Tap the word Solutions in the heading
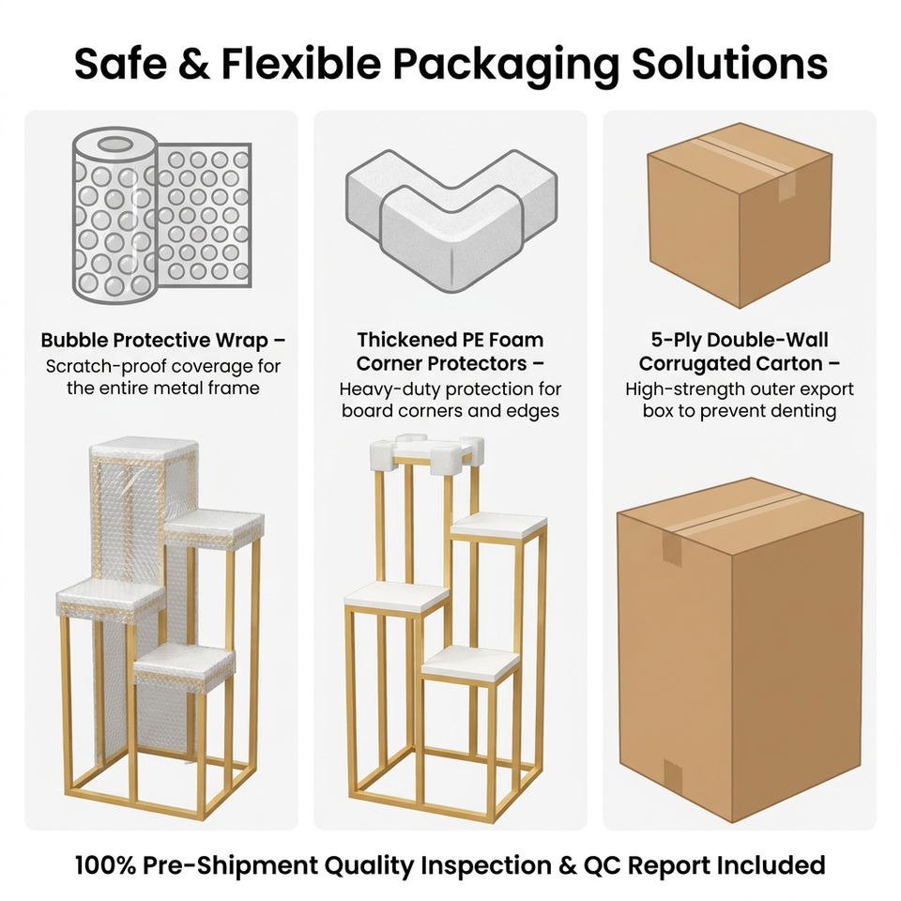point(730,63)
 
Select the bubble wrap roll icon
point(162,217)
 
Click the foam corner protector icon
point(451,219)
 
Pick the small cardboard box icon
point(740,215)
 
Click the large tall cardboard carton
point(740,649)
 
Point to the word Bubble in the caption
point(74,340)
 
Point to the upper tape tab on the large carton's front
point(670,546)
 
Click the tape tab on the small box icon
point(786,188)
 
